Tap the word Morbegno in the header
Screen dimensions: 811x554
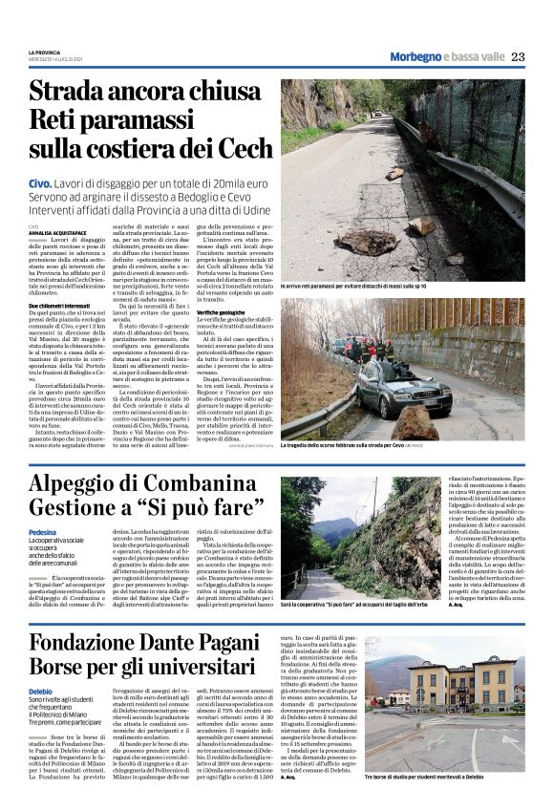(x=417, y=57)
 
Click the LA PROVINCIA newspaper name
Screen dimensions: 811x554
(x=44, y=53)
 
